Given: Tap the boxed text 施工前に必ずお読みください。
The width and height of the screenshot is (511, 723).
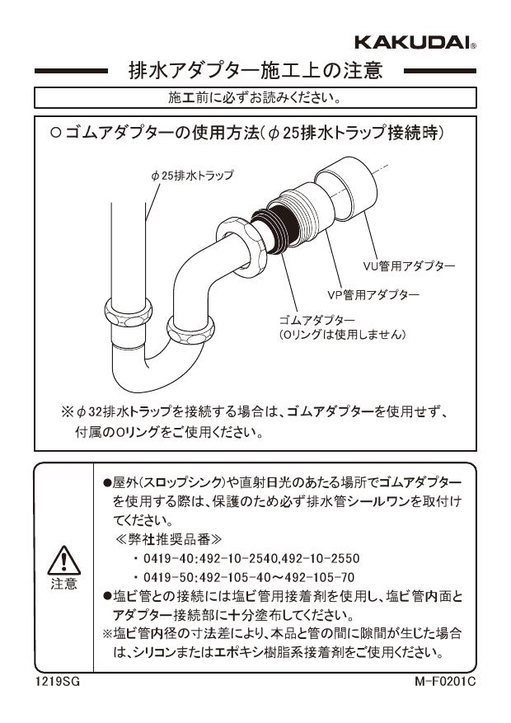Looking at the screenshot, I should tap(255, 98).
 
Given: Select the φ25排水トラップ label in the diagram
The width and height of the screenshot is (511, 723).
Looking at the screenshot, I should tap(192, 175).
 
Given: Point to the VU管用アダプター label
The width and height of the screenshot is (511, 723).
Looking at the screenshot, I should tap(410, 265).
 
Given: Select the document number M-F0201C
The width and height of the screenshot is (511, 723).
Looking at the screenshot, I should tap(446, 683).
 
